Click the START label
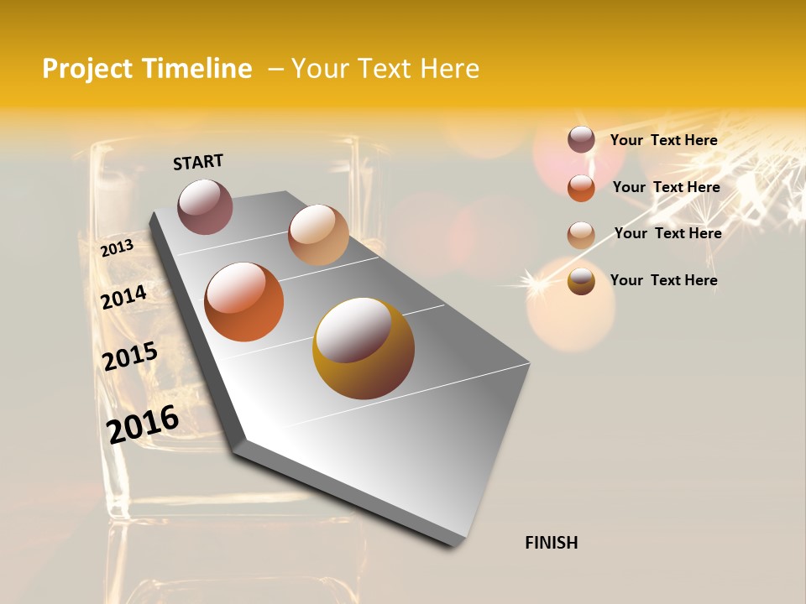click(198, 162)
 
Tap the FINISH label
click(551, 543)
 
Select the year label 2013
click(117, 247)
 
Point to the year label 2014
click(123, 297)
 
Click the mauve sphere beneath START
click(205, 206)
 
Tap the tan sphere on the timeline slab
click(318, 235)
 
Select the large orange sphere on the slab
click(244, 302)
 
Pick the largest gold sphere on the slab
click(364, 348)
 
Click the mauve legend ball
click(581, 140)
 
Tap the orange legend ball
click(581, 187)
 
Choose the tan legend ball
click(581, 234)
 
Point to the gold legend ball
click(581, 281)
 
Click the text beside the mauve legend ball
click(663, 140)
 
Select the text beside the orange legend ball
click(666, 187)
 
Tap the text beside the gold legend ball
click(663, 280)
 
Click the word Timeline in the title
click(196, 69)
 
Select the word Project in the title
click(88, 69)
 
